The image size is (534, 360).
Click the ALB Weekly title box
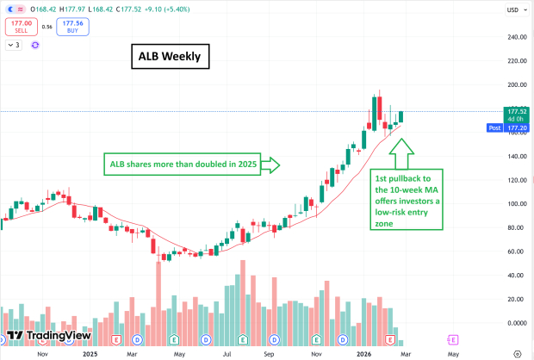169,58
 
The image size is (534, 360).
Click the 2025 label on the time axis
90,353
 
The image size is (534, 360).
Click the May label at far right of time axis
453,353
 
